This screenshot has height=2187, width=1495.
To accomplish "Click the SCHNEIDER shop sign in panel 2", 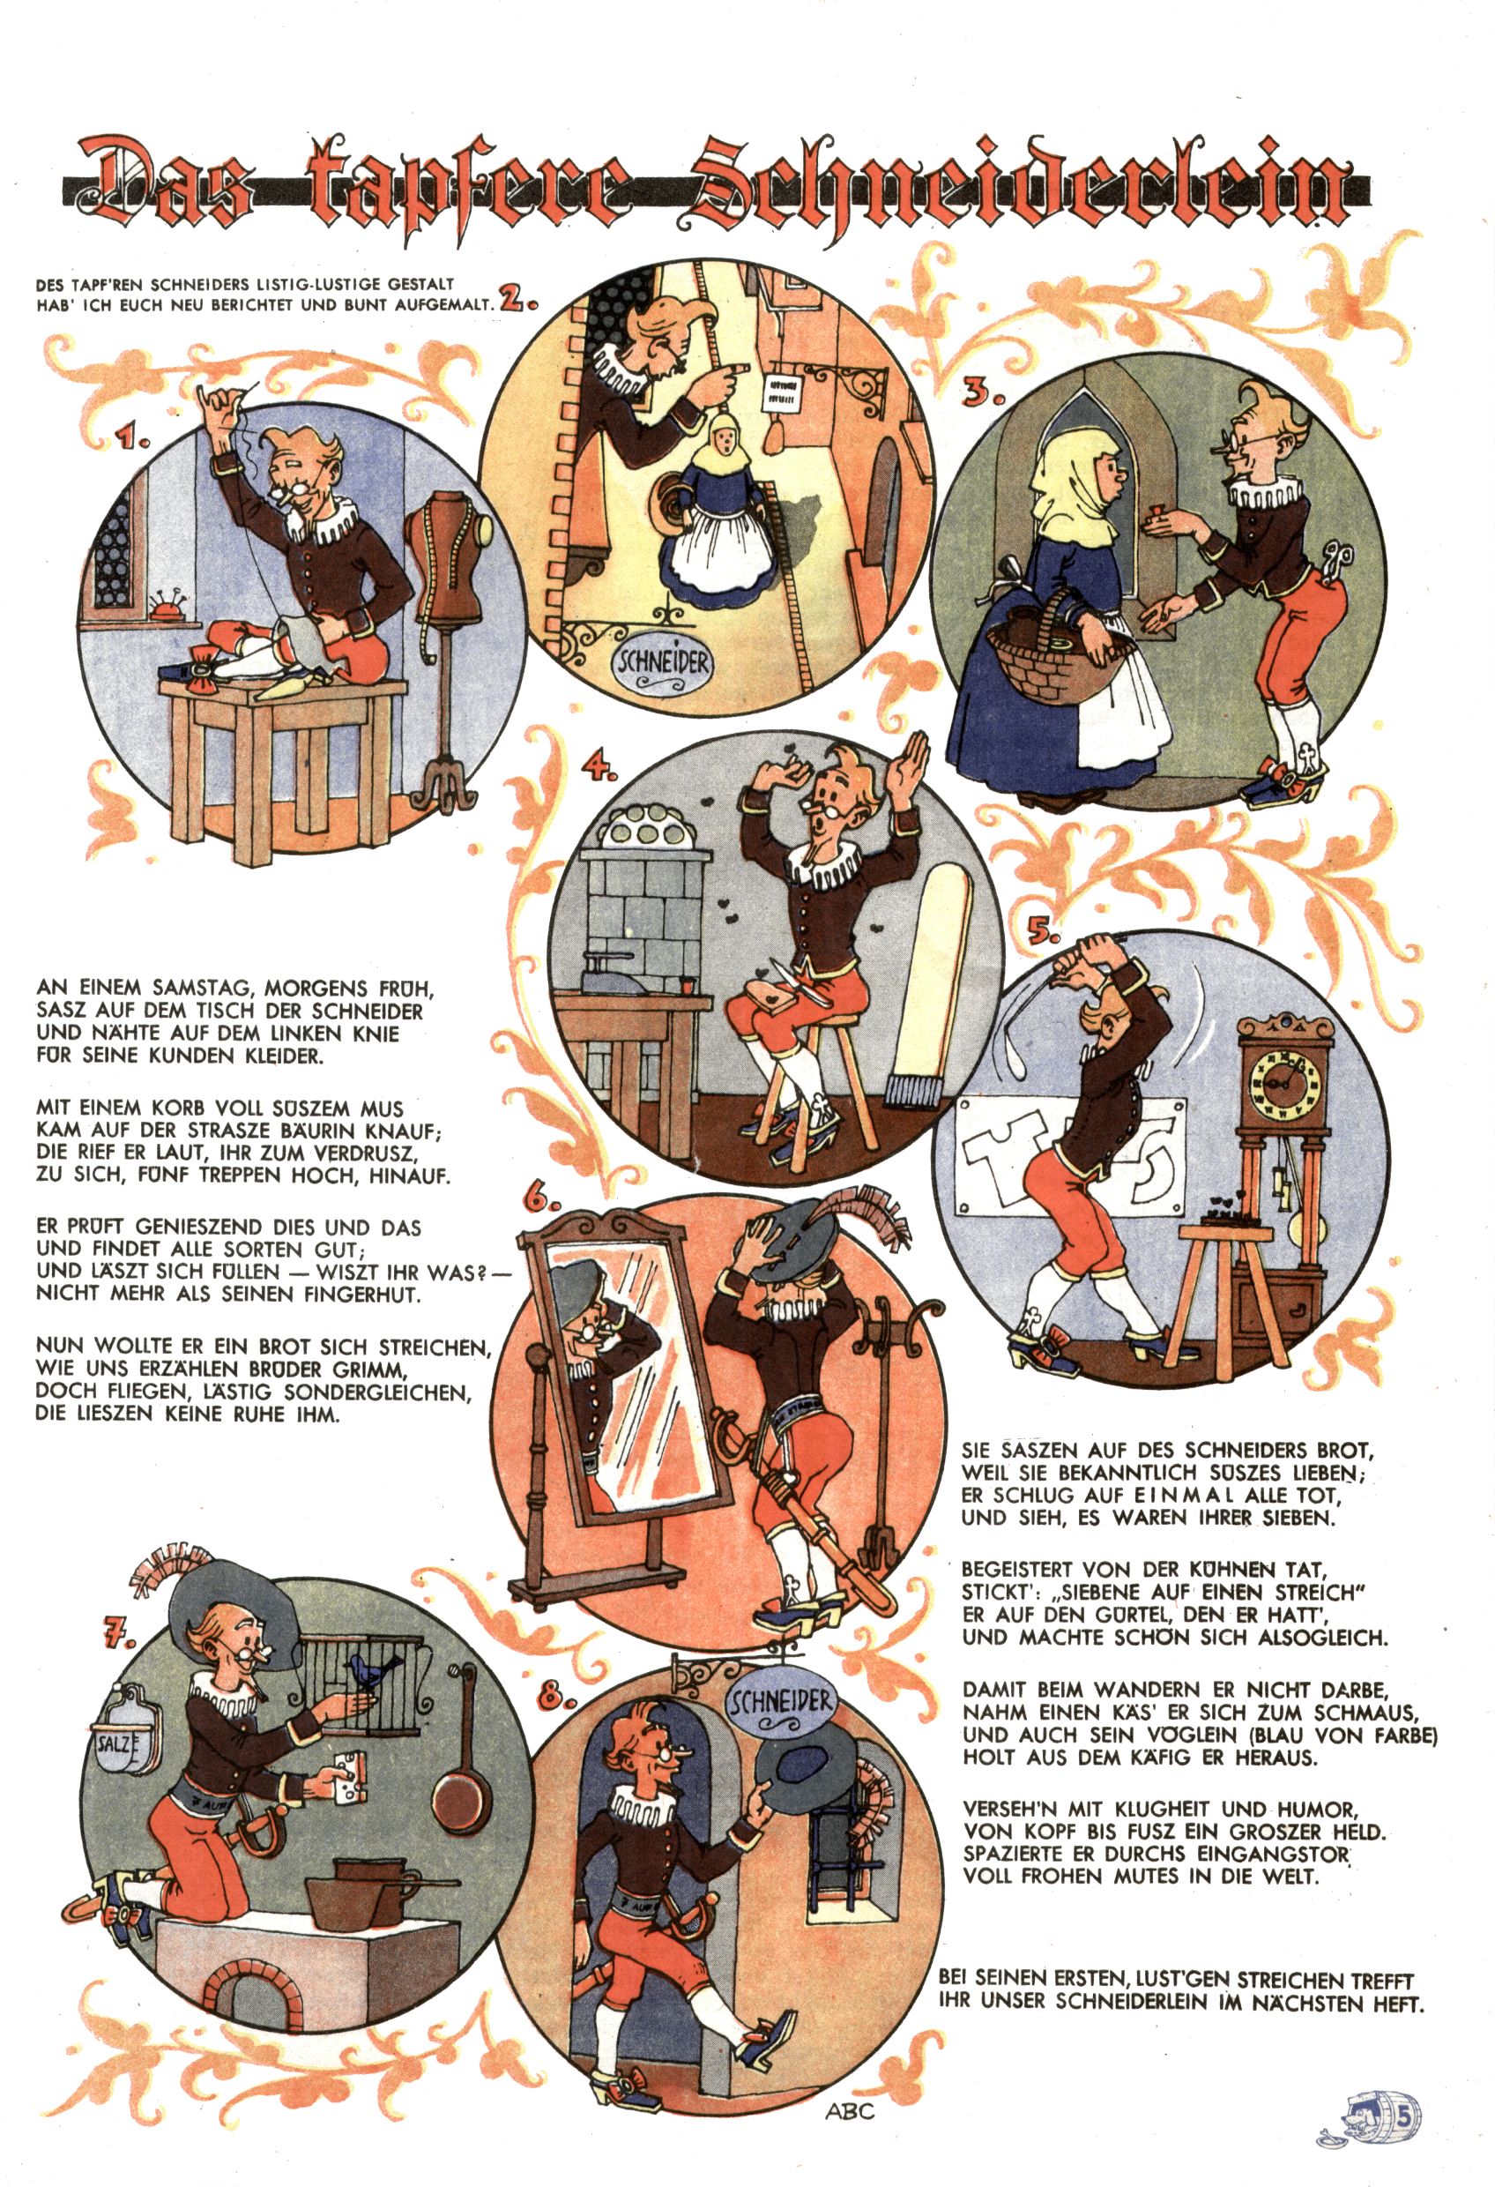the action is pyautogui.click(x=661, y=661).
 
